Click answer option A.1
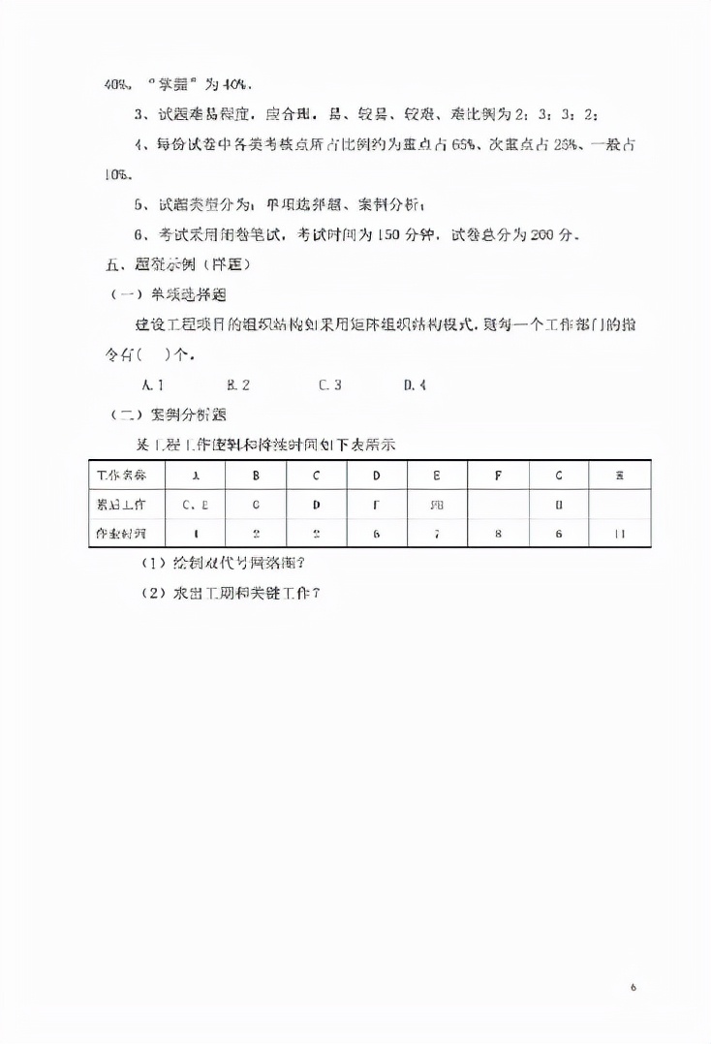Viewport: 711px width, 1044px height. [x=152, y=384]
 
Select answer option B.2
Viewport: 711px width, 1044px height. [x=238, y=384]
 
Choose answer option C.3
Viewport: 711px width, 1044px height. [x=329, y=384]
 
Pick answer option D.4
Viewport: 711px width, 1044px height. [x=415, y=384]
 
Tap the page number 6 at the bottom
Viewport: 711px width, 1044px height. [x=633, y=987]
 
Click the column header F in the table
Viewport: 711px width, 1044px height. [x=498, y=475]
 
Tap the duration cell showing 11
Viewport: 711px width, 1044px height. [x=619, y=533]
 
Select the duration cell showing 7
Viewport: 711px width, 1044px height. [x=437, y=533]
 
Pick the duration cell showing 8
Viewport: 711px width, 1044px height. [x=498, y=533]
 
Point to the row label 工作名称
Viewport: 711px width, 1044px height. [x=123, y=475]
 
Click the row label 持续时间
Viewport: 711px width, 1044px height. [x=123, y=533]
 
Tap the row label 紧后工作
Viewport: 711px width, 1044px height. [x=123, y=504]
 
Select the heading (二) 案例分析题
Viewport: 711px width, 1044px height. [x=168, y=415]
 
